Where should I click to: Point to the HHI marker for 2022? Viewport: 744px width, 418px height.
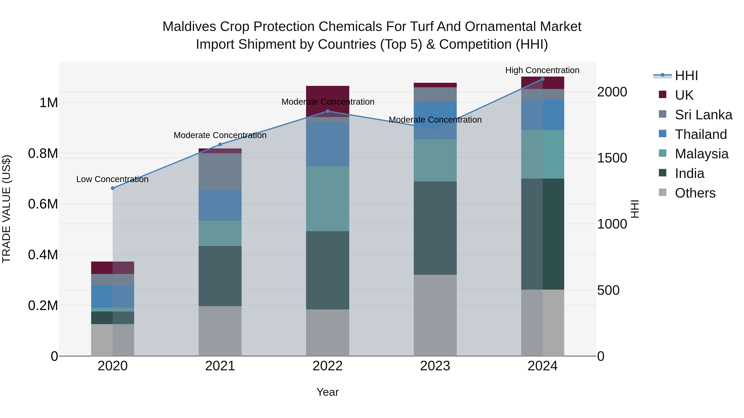click(x=328, y=111)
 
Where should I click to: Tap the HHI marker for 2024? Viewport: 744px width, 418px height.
click(x=542, y=79)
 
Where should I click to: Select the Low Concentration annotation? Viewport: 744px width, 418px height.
click(x=112, y=179)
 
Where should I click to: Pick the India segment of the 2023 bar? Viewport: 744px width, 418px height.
click(x=435, y=228)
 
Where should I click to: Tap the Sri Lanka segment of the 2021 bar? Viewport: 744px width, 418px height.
click(x=220, y=171)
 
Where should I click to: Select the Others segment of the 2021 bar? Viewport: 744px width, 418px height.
click(x=220, y=331)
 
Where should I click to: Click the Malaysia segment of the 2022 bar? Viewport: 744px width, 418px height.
click(x=328, y=199)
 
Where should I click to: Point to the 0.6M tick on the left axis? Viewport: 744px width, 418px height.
click(x=43, y=204)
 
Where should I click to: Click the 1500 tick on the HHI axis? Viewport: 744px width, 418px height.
click(x=612, y=158)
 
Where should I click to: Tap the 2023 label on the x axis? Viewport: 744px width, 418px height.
click(x=435, y=366)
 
